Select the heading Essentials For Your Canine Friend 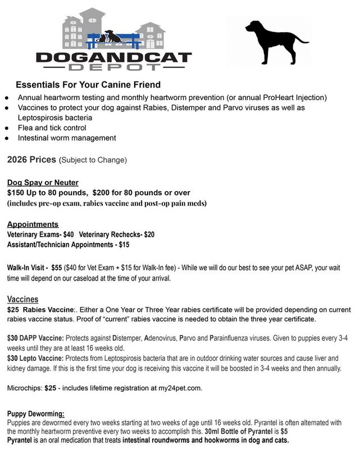pyautogui.click(x=88, y=85)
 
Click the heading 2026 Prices pyautogui.click(x=31, y=160)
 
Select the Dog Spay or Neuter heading pyautogui.click(x=43, y=183)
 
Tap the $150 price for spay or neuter pyautogui.click(x=17, y=193)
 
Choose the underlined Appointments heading pyautogui.click(x=33, y=224)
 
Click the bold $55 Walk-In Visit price pyautogui.click(x=56, y=268)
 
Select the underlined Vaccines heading pyautogui.click(x=22, y=300)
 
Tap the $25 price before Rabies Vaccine pyautogui.click(x=13, y=310)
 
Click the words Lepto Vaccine pyautogui.click(x=42, y=358)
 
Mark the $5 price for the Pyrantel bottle pyautogui.click(x=284, y=431)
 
